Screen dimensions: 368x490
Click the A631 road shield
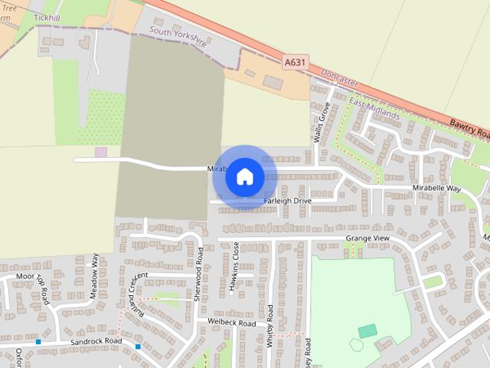295,62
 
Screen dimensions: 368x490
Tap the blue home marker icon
245,176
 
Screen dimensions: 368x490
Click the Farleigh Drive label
287,201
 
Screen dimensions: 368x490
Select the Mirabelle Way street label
436,188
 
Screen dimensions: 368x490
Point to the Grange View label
367,238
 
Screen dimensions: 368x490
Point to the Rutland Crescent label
138,292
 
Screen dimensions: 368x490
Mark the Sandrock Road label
96,341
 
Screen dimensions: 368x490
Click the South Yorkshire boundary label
178,38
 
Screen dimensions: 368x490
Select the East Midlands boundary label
374,108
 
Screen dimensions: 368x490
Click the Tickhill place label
47,17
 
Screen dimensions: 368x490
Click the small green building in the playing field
367,330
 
